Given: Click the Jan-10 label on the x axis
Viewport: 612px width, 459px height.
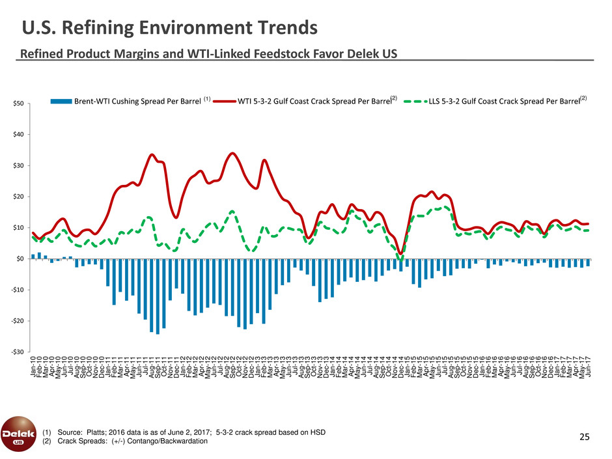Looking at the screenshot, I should click(x=33, y=366).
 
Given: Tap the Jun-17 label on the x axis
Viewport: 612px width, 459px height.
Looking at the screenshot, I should click(x=589, y=366).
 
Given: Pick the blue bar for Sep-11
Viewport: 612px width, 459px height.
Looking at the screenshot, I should click(x=158, y=296).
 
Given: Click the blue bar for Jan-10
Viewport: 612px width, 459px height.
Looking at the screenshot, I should click(x=33, y=257).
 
